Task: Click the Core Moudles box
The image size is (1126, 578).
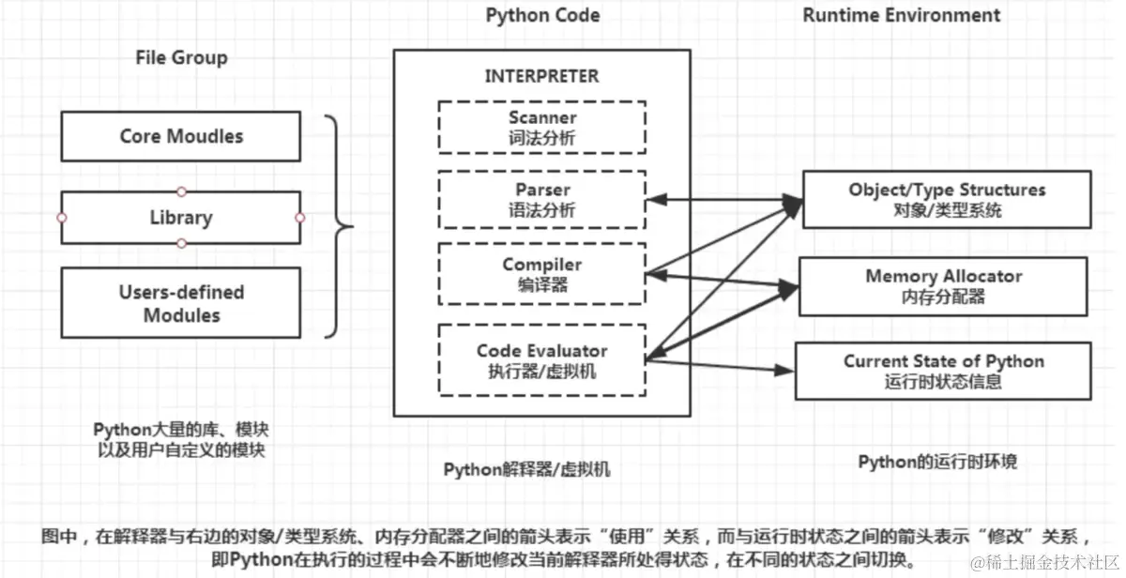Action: click(181, 136)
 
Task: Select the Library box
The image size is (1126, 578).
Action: click(181, 218)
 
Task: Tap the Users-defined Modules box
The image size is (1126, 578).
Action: click(181, 303)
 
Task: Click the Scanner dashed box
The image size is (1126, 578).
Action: click(542, 127)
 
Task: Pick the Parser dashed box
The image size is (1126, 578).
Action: click(542, 199)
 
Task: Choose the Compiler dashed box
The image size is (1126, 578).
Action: click(542, 274)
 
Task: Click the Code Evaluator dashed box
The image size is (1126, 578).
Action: click(542, 359)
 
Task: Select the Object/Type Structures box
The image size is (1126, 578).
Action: click(946, 199)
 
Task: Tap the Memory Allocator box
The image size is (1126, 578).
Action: click(943, 286)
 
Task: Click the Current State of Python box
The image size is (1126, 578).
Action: click(943, 371)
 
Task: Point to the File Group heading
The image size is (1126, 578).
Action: click(181, 58)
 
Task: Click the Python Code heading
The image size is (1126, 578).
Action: click(542, 15)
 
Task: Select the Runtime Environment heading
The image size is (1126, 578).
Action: click(901, 15)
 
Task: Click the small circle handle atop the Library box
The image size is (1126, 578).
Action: click(182, 191)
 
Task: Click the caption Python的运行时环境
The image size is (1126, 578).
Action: click(938, 462)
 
